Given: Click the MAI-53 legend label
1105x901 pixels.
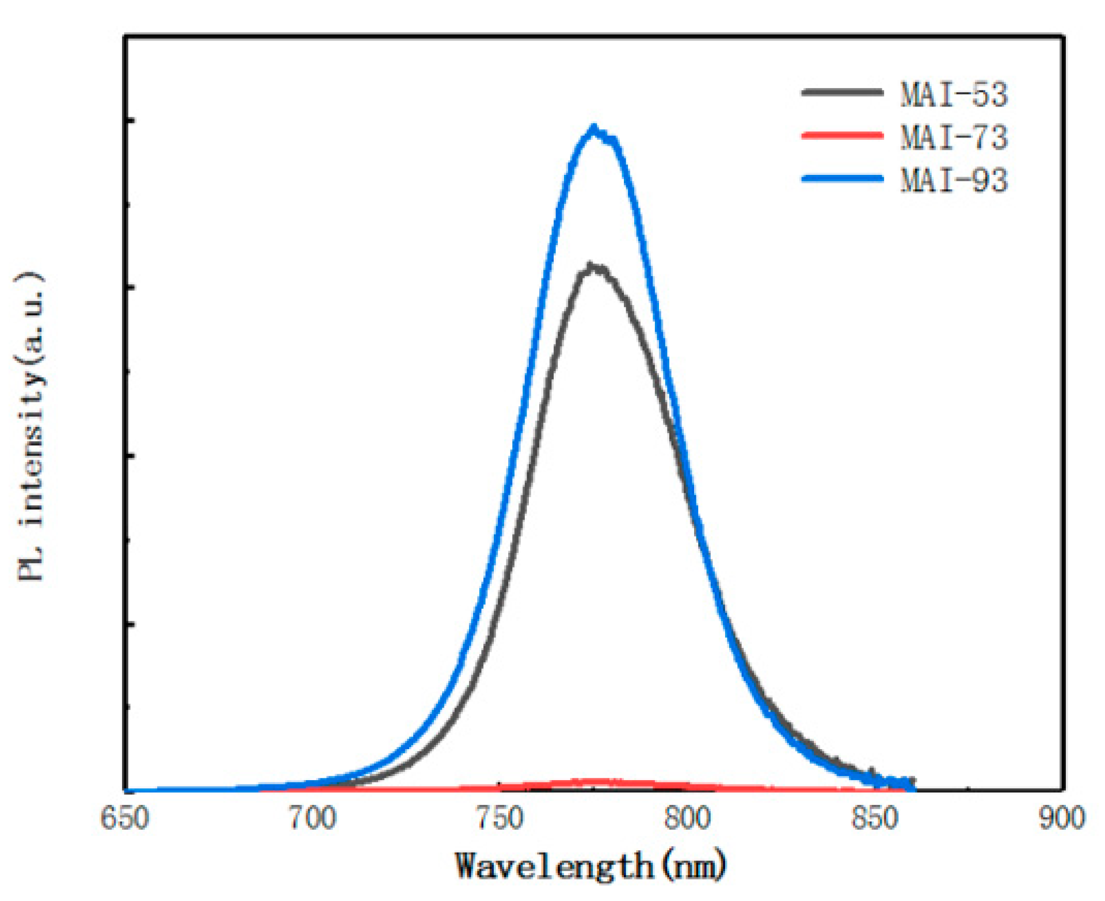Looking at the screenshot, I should (954, 94).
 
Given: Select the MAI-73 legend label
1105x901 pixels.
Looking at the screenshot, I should (954, 138).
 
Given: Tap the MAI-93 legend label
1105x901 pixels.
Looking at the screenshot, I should (954, 180).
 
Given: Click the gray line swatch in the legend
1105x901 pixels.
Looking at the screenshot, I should (842, 92).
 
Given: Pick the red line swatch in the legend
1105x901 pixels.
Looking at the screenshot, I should (842, 136).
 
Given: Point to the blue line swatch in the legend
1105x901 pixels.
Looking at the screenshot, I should (842, 178).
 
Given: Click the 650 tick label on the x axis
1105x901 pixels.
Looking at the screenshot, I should (125, 818).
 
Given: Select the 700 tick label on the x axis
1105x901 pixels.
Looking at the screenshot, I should (313, 818).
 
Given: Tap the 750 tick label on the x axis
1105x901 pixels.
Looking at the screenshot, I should (500, 818).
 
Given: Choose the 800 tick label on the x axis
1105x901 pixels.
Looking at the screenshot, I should (688, 818).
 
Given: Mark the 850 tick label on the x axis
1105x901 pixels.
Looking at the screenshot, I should (875, 818).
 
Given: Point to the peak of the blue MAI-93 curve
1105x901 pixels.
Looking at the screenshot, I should (593, 128).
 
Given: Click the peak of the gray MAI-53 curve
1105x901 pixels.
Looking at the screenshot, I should (590, 266).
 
